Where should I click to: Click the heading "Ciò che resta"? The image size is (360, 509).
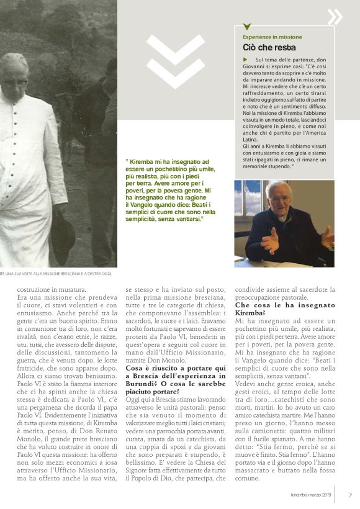pyautogui.click(x=269, y=47)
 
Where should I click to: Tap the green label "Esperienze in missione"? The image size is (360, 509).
pyautogui.click(x=272, y=37)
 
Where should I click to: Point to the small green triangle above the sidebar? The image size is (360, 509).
pyautogui.click(x=247, y=27)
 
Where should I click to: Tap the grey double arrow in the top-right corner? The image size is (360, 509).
pyautogui.click(x=335, y=17)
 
